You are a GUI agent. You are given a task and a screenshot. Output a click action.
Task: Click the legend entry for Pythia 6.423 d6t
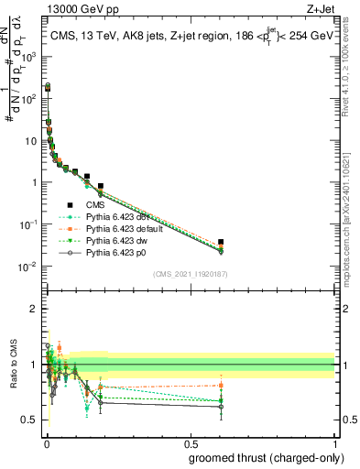(x=110, y=216)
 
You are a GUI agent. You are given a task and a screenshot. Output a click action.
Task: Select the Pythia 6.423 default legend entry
(x=115, y=227)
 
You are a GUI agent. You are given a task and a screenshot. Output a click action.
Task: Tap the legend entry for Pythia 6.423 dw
(x=109, y=238)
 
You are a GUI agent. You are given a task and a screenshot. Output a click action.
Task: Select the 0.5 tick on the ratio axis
(x=30, y=420)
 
